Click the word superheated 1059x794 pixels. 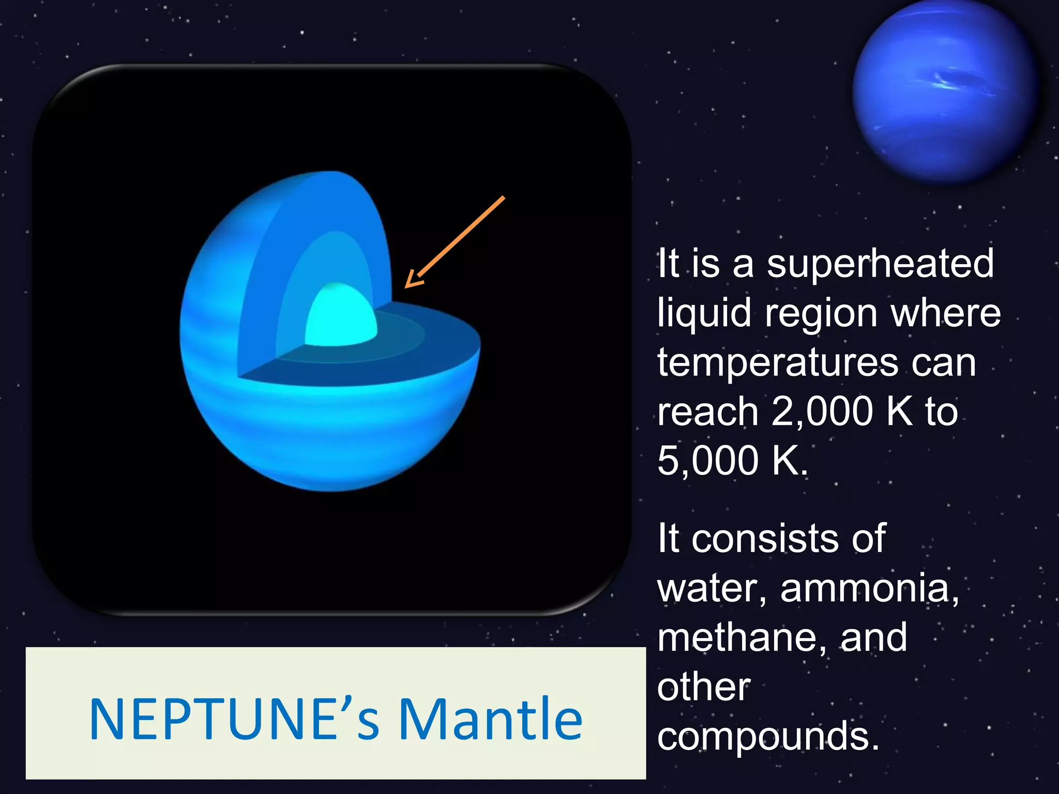pyautogui.click(x=880, y=264)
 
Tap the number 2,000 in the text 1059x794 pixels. pyautogui.click(x=822, y=412)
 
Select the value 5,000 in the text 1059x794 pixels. pyautogui.click(x=707, y=461)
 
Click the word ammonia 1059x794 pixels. pyautogui.click(x=869, y=589)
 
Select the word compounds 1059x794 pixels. pyautogui.click(x=768, y=737)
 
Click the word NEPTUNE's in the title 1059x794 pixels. pyautogui.click(x=234, y=720)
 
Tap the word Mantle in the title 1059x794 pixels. pyautogui.click(x=490, y=720)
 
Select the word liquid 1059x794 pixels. pyautogui.click(x=704, y=314)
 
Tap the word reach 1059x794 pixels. pyautogui.click(x=707, y=412)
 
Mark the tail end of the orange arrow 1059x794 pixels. pyautogui.click(x=503, y=198)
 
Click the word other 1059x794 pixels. pyautogui.click(x=703, y=688)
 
